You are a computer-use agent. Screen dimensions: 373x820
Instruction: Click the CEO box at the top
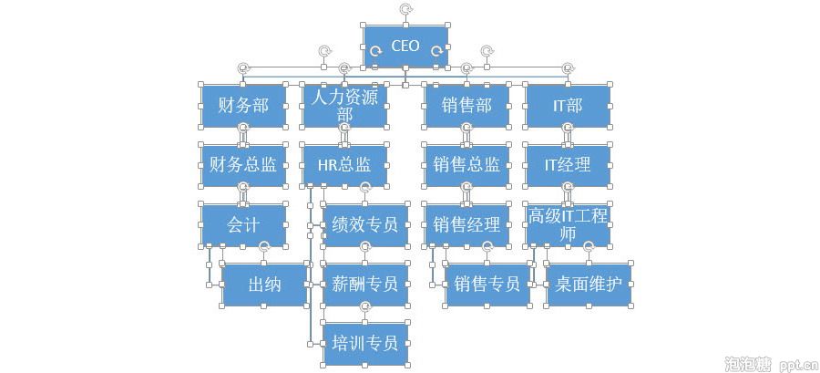click(405, 47)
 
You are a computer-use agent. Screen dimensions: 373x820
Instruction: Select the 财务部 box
click(243, 106)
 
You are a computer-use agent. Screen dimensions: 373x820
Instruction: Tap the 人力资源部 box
click(343, 105)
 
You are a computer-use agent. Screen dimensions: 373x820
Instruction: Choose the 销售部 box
click(466, 106)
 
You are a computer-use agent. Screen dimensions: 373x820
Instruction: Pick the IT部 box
click(567, 106)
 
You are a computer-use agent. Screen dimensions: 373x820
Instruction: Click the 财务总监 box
click(243, 165)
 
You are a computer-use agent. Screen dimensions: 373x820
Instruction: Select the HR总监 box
click(343, 165)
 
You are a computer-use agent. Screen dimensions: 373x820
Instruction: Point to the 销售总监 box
click(466, 165)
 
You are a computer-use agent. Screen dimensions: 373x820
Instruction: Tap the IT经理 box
click(567, 165)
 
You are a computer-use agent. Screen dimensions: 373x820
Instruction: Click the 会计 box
click(243, 224)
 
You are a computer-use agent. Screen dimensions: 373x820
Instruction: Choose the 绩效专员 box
click(365, 224)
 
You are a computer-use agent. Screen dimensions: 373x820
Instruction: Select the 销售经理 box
click(466, 224)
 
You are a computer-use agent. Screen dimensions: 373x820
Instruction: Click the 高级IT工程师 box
click(567, 224)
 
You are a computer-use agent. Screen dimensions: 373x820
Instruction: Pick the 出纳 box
click(264, 285)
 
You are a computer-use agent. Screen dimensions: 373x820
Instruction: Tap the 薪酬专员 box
click(365, 285)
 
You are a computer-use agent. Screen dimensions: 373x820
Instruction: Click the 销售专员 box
click(487, 285)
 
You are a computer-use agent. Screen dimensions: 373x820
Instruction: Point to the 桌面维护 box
click(588, 285)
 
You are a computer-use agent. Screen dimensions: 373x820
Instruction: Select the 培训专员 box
click(365, 344)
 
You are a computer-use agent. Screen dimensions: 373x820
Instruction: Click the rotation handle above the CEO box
click(405, 9)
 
